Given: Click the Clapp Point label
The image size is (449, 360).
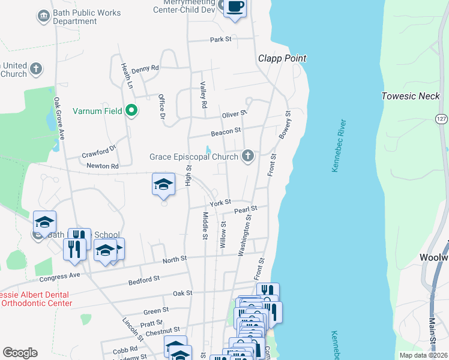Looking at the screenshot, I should [x=282, y=58].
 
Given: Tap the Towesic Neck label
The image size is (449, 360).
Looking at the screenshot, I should [x=411, y=96].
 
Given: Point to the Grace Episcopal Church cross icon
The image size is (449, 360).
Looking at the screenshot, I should [x=247, y=157].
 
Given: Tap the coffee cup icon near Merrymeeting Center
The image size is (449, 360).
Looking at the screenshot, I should [x=235, y=7].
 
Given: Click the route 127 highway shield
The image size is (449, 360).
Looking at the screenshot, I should [x=441, y=119].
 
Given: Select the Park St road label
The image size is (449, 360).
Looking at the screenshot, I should [x=221, y=40].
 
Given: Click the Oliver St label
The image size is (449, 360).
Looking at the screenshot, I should [x=234, y=113].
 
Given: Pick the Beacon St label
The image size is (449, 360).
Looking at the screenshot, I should [x=226, y=130].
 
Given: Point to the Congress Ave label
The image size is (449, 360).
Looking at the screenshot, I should [x=59, y=278].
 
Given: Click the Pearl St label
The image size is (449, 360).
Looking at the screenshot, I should [x=246, y=210].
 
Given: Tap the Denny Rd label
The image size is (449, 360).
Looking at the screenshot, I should [x=145, y=68].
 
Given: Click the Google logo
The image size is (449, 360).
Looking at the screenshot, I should [x=20, y=353].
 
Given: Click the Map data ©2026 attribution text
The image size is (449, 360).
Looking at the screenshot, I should [x=423, y=355].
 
